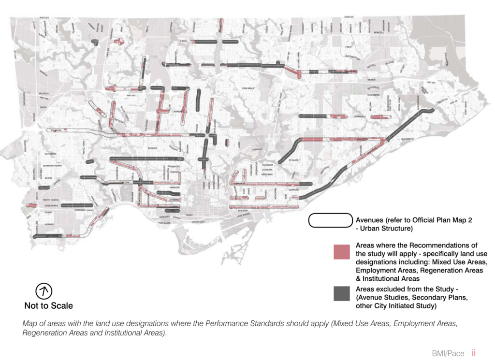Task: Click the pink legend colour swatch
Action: coord(341,252)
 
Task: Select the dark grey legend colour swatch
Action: coord(341,293)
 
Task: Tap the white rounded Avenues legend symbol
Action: coord(331,220)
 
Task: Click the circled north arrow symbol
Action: coord(44,291)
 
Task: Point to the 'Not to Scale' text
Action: coord(49,305)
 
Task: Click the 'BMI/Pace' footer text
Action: coord(448,353)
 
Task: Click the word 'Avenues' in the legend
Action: coord(370,219)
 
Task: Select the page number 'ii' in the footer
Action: coord(474,353)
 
